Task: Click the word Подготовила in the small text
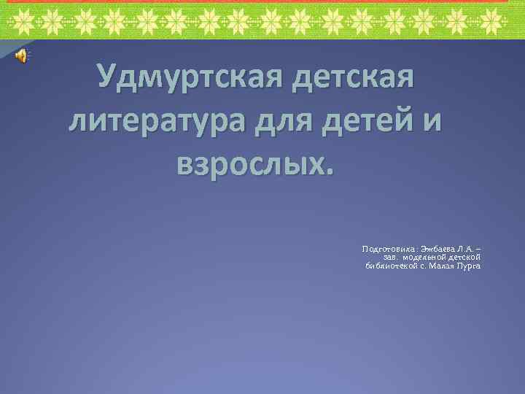point(388,250)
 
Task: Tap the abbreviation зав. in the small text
point(393,257)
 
